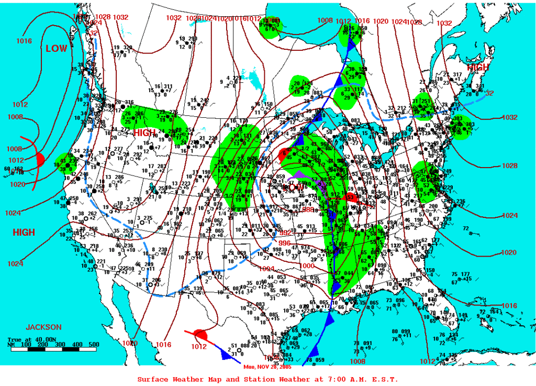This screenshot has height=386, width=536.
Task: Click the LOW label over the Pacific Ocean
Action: pos(57,49)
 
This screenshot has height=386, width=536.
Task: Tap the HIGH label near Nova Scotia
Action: pos(477,68)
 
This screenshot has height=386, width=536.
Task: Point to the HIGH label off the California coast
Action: pos(24,233)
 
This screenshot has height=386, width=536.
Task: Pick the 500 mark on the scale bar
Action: pos(94,344)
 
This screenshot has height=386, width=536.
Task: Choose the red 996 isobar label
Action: pos(284,243)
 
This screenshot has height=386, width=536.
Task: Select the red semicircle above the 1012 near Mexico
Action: pos(200,334)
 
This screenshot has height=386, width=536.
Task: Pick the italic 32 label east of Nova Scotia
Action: pos(490,94)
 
